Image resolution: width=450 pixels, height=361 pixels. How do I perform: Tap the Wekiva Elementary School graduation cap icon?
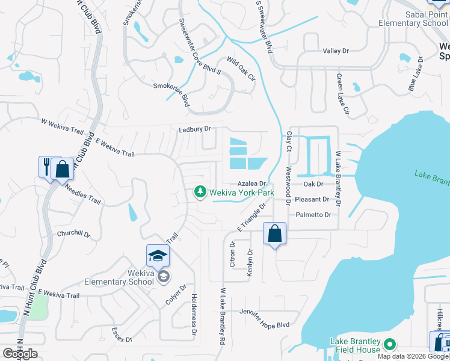tap(158, 256)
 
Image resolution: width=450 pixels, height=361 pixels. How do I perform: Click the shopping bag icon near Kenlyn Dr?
tap(274, 233)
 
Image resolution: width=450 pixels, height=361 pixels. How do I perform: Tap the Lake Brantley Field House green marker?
tap(389, 345)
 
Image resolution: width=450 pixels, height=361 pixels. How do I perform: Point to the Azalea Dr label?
tap(251, 184)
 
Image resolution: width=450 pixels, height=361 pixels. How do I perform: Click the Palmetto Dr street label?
tap(313, 215)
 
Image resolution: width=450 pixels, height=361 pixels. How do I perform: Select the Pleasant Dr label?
tap(312, 199)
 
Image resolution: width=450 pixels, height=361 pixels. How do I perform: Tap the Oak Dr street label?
tap(313, 184)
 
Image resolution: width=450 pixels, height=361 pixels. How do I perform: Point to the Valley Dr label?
tap(336, 51)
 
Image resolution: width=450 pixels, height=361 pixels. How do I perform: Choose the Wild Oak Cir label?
tap(241, 69)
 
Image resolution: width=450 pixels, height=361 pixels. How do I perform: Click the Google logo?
tap(20, 354)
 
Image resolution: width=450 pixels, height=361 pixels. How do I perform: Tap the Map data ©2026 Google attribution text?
tap(412, 356)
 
